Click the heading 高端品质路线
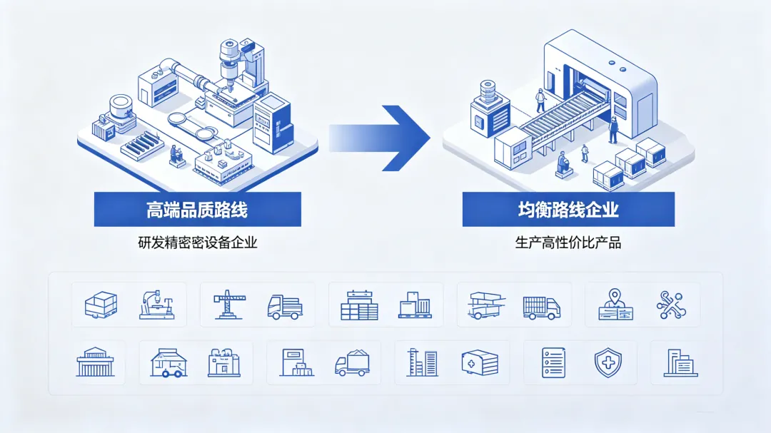pyautogui.click(x=197, y=210)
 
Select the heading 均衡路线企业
pyautogui.click(x=568, y=210)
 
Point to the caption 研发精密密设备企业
pyautogui.click(x=197, y=243)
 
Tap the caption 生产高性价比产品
pyautogui.click(x=568, y=243)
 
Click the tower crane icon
pyautogui.click(x=228, y=305)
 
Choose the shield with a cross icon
pyautogui.click(x=608, y=362)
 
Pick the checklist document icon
pyautogui.click(x=554, y=362)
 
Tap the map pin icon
pyautogui.click(x=615, y=305)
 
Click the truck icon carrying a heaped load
pyautogui.click(x=352, y=363)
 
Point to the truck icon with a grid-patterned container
pyautogui.click(x=541, y=307)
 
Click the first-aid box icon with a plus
pyautogui.click(x=480, y=362)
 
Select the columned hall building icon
pyautogui.click(x=95, y=362)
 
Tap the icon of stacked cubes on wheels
pyautogui.click(x=101, y=305)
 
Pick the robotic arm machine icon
pyautogui.click(x=157, y=305)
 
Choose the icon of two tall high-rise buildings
pyautogui.click(x=423, y=362)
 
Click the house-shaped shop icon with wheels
pyautogui.click(x=168, y=362)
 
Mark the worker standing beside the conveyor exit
pyautogui.click(x=613, y=130)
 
